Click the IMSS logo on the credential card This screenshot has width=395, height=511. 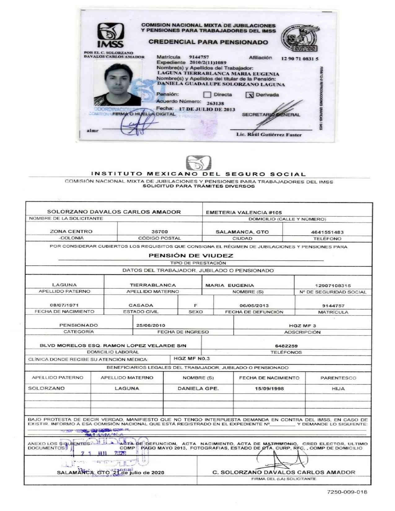coord(111,35)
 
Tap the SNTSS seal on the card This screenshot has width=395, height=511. coord(300,39)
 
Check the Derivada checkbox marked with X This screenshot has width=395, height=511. coord(249,95)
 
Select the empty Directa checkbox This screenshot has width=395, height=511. coord(207,95)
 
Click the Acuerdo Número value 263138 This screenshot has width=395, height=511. coord(215,103)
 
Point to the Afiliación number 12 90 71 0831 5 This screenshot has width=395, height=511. coord(299,59)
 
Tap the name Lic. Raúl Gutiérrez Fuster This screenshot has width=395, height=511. coord(269,135)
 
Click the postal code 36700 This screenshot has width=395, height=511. coord(160,232)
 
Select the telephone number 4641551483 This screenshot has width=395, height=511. coord(327,232)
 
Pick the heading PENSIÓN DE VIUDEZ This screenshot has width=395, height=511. coord(191,255)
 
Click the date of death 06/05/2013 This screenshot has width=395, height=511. coord(254,305)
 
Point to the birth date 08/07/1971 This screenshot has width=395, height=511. coord(64,305)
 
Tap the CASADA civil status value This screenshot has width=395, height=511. coord(141,305)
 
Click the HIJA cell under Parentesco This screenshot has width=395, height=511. coord(338,389)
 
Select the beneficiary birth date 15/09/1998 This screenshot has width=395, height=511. coord(269,389)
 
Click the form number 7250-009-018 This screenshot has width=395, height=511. coord(347,492)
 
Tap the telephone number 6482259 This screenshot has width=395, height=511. coord(286,346)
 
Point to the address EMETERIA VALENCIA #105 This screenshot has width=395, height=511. coord(244,212)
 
